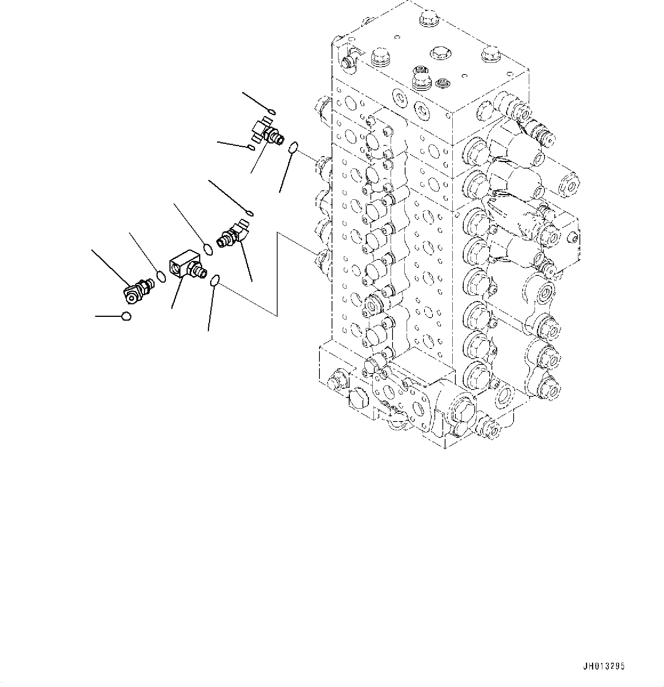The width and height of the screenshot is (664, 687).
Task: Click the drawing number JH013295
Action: (x=603, y=666)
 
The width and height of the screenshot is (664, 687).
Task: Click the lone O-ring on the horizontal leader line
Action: (x=126, y=316)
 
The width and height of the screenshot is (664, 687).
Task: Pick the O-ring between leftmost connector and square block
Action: (x=161, y=276)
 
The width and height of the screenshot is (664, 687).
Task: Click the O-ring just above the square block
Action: (x=208, y=250)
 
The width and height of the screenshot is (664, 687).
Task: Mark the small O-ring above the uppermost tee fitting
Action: (x=271, y=111)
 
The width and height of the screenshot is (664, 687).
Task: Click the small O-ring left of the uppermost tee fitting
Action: (x=251, y=147)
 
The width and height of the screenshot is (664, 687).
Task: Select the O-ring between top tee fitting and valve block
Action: (x=292, y=148)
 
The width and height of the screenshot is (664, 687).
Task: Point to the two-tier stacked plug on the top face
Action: (x=421, y=77)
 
